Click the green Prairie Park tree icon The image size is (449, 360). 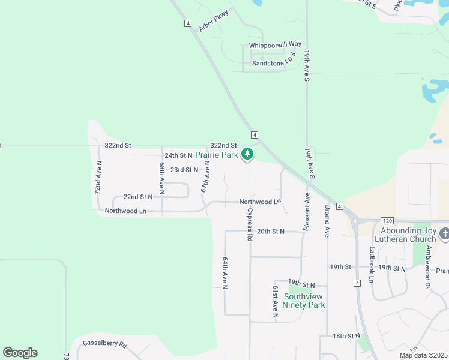click(247, 155)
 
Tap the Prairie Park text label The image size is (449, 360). click(217, 155)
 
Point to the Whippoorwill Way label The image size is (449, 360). click(275, 44)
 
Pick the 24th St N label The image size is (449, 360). click(178, 155)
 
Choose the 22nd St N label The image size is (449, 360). click(137, 197)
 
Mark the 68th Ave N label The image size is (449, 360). click(162, 176)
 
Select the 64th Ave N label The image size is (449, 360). click(225, 274)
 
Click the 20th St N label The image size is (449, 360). click(270, 231)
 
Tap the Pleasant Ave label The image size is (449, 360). click(306, 212)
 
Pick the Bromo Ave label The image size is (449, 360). click(327, 220)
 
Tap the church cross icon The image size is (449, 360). click(444, 233)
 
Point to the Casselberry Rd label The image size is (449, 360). click(106, 345)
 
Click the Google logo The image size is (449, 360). click(20, 353)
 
